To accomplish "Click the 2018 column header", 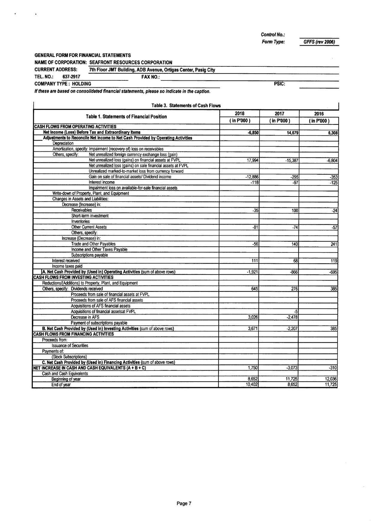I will (x=239, y=114).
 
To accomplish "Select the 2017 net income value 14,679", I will (x=292, y=132).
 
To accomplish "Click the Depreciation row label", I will (x=63, y=144).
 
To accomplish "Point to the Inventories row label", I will (x=80, y=222).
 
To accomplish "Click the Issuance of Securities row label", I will (x=70, y=346).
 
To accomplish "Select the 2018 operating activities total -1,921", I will (x=252, y=272).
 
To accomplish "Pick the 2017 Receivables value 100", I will (x=295, y=211).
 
